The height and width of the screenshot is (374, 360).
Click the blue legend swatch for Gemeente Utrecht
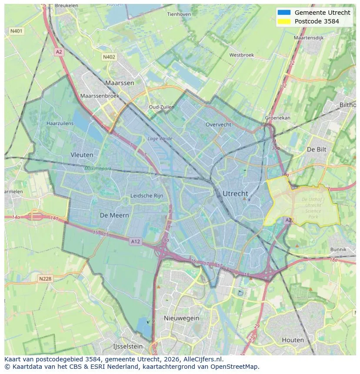point(283,13)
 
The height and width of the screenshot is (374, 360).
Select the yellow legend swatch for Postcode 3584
point(283,21)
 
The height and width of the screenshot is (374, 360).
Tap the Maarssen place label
point(120,83)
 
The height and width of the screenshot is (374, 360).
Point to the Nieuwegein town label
point(181,318)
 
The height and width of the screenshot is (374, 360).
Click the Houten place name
point(293,340)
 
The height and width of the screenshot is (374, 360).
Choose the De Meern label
point(114,215)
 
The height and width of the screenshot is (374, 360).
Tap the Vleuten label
point(82,155)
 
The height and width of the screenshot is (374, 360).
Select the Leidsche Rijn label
point(147,196)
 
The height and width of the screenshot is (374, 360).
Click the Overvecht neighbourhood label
point(218,124)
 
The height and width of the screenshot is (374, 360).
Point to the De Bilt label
point(317,149)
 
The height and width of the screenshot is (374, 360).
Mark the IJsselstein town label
point(128,347)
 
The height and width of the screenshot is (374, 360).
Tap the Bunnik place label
point(338,249)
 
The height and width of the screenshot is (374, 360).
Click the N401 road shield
point(16,31)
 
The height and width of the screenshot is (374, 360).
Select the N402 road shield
point(109,57)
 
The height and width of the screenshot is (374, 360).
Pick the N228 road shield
point(45,278)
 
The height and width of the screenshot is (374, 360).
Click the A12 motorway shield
point(136,242)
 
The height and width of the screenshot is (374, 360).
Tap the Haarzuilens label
point(60,123)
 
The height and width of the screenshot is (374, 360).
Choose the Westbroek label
point(241,55)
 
